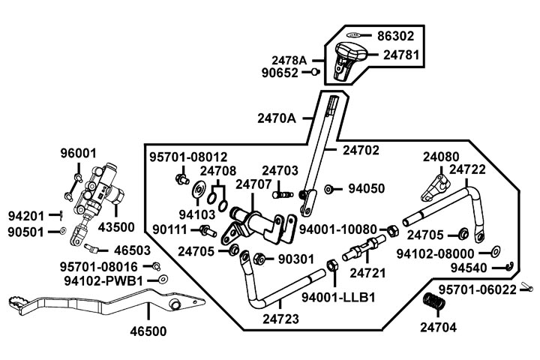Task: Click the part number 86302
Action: pyautogui.click(x=395, y=35)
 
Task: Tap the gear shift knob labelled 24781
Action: pyautogui.click(x=349, y=56)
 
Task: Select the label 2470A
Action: pyautogui.click(x=277, y=118)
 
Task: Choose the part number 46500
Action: pyautogui.click(x=148, y=331)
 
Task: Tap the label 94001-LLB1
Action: pyautogui.click(x=337, y=297)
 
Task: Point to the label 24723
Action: pyautogui.click(x=280, y=319)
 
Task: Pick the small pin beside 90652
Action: pyautogui.click(x=315, y=73)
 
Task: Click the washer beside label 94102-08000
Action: pyautogui.click(x=496, y=253)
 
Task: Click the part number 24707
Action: pyautogui.click(x=252, y=184)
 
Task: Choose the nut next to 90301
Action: pyautogui.click(x=257, y=259)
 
